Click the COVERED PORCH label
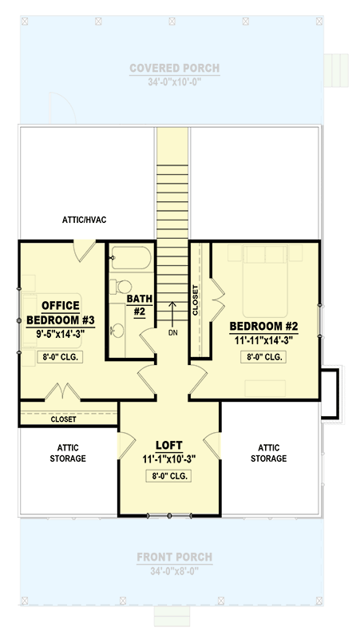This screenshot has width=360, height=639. click(175, 69)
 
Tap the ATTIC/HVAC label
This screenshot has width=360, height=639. click(85, 217)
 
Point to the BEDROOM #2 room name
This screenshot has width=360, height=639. click(263, 326)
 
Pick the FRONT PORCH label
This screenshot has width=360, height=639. click(175, 558)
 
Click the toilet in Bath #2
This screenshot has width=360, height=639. click(121, 287)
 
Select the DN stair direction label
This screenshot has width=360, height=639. click(172, 332)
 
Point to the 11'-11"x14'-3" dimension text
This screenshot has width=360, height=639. click(263, 339)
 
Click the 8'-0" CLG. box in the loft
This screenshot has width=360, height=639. click(170, 477)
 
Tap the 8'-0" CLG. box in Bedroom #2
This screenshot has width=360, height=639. click(263, 357)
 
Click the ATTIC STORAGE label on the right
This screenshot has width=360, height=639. click(268, 453)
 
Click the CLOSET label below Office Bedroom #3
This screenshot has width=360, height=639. click(64, 419)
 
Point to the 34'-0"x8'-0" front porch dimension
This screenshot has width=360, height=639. click(175, 572)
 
